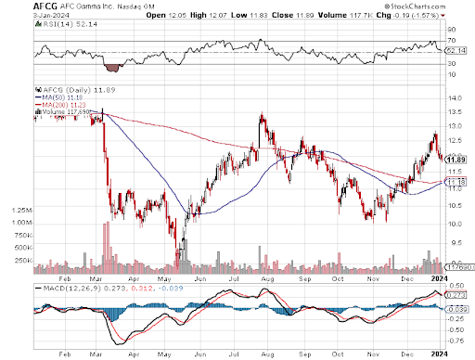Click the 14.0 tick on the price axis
453,98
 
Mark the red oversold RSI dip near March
115,67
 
